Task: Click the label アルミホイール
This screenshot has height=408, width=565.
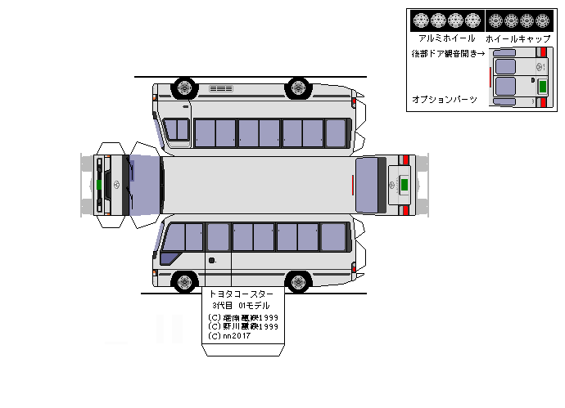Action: (446, 38)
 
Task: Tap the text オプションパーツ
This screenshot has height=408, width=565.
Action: (445, 99)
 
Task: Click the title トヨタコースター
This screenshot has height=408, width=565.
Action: (242, 294)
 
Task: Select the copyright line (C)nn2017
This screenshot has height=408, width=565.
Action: (230, 335)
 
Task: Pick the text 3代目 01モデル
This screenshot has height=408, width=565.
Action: (242, 305)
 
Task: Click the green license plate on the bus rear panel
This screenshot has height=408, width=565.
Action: (403, 185)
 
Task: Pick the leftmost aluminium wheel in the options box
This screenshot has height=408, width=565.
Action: (420, 20)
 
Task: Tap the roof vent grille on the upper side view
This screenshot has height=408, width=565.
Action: (221, 88)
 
